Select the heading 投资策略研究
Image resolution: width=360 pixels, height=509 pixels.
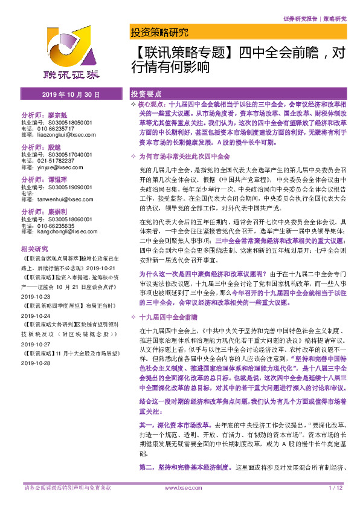pyautogui.click(x=159, y=33)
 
